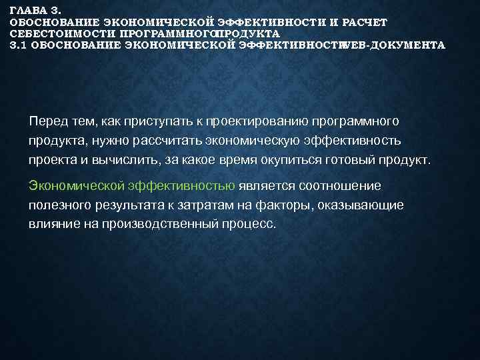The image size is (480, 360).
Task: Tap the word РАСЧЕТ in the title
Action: coord(364,22)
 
